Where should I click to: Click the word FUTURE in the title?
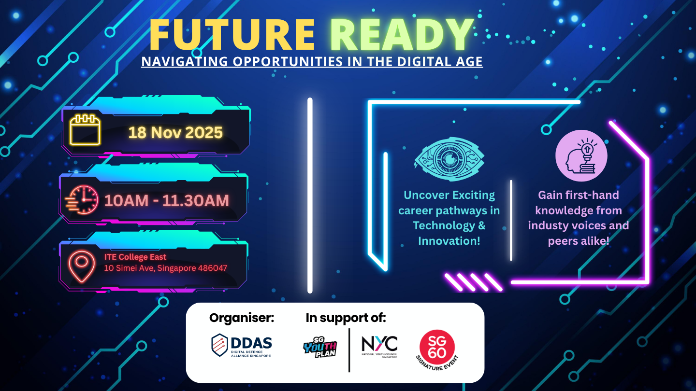pos(232,34)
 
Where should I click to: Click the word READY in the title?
pos(402,34)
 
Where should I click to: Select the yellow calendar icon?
pos(85,130)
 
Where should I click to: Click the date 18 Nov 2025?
pos(175,132)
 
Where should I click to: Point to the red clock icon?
pos(82,200)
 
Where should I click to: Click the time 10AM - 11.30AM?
pos(167,200)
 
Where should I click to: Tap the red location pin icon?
pos(81,266)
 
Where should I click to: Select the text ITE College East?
pos(135,257)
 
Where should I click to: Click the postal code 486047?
pos(212,268)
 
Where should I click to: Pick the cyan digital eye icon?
pos(449,159)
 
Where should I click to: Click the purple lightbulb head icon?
pos(581,155)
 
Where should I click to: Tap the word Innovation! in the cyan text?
pos(449,241)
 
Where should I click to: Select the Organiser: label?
pos(242,318)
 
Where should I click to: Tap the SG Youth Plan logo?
pos(320,347)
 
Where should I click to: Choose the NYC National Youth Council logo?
pos(379,347)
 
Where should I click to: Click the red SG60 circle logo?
pos(437,348)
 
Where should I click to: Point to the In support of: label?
pos(346,318)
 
